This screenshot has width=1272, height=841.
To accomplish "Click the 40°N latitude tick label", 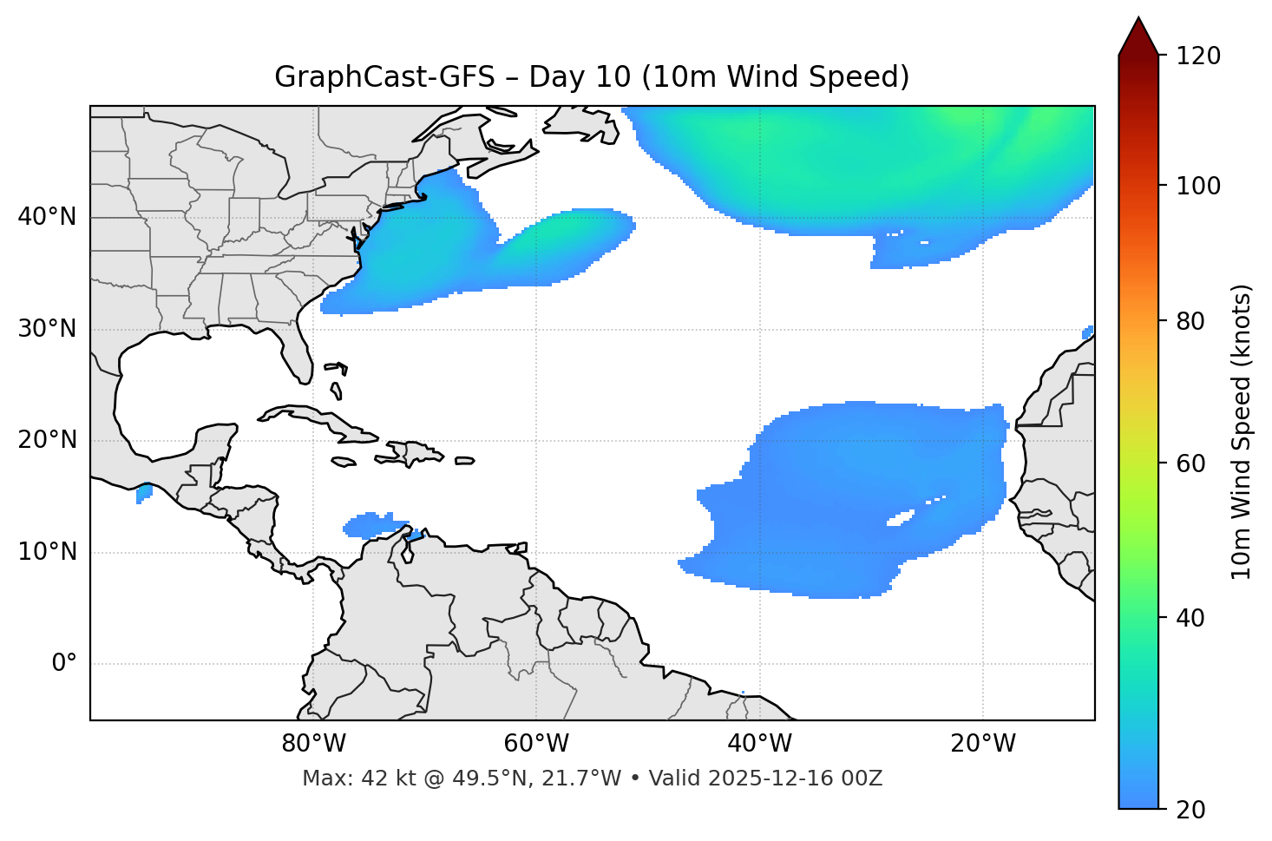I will point(47,217).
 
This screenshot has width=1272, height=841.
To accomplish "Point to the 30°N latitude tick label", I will point(47,329).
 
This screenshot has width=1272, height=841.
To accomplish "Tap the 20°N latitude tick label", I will point(47,440).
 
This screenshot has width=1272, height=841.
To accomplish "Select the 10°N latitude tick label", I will point(47,552).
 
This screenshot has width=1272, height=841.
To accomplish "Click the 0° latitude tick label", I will point(64,664).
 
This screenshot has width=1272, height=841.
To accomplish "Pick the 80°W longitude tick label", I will point(313,744).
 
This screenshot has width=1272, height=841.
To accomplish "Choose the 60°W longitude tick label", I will point(536,744).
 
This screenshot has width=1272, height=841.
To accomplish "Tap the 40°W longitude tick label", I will point(759,744).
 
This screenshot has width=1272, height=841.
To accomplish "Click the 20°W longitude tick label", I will point(983,744).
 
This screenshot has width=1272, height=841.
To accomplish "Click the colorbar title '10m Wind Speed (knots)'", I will point(1242,431).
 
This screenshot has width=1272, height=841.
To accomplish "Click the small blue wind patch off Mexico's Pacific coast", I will point(144,493).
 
